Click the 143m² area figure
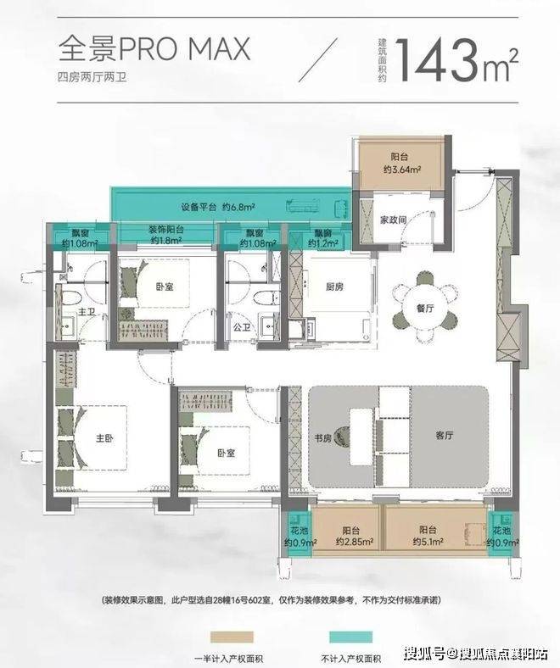click(x=458, y=60)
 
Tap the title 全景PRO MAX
click(x=154, y=49)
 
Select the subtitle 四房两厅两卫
click(x=92, y=77)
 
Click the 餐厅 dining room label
click(x=425, y=308)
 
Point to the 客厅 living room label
click(x=445, y=436)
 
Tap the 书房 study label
click(x=323, y=438)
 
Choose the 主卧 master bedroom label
click(x=105, y=438)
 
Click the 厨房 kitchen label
click(x=334, y=287)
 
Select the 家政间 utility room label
click(x=393, y=220)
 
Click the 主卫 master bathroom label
click(x=86, y=312)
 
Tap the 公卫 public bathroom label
click(x=242, y=327)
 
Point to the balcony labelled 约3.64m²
click(x=402, y=164)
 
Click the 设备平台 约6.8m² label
click(x=218, y=208)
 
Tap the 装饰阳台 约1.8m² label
click(x=166, y=235)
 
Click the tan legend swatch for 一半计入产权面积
click(x=232, y=637)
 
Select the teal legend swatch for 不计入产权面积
click(x=350, y=637)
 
